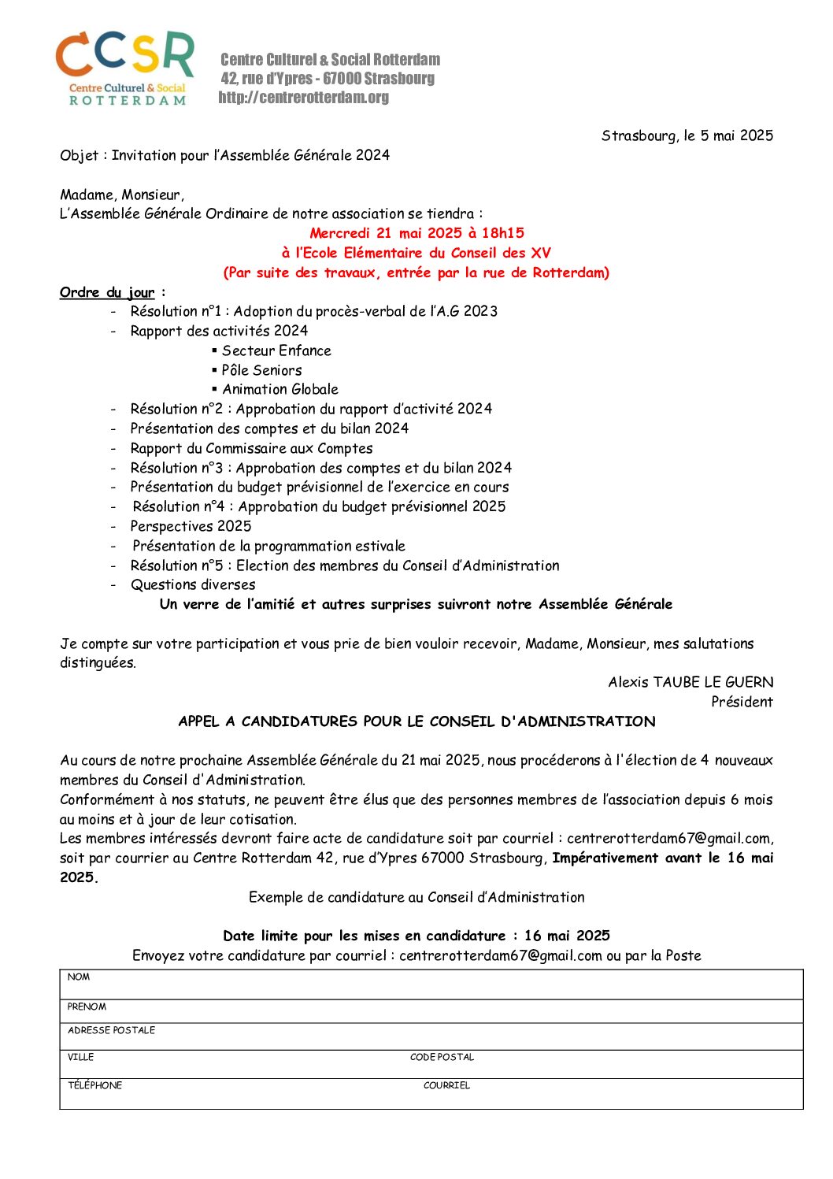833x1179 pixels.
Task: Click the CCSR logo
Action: coord(125,69)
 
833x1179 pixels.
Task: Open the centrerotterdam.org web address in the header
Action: coord(304,98)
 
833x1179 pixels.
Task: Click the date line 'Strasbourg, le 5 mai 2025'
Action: coord(687,135)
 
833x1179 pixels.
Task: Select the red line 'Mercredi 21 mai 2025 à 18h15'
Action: coord(416,233)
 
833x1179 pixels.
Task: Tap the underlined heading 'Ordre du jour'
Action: coord(108,292)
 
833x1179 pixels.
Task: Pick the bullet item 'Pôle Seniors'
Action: coord(261,370)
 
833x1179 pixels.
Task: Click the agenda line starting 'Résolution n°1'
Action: coord(313,311)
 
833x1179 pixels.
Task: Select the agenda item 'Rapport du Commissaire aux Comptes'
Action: coord(251,448)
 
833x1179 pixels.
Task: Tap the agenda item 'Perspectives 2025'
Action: coord(191,526)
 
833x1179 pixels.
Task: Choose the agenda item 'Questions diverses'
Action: coord(193,584)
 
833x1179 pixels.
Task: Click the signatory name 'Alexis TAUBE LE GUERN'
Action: coord(690,682)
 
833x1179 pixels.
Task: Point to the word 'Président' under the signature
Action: coord(742,702)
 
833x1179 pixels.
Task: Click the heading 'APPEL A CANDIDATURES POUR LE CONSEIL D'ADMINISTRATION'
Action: coord(416,721)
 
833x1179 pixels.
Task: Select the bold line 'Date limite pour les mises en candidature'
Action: coord(416,936)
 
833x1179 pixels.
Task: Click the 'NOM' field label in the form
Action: coord(79,977)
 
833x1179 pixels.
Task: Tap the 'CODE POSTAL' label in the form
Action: coord(442,1057)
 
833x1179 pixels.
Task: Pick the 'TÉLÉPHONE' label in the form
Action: coord(94,1085)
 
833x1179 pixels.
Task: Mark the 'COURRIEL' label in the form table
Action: coord(446,1085)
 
